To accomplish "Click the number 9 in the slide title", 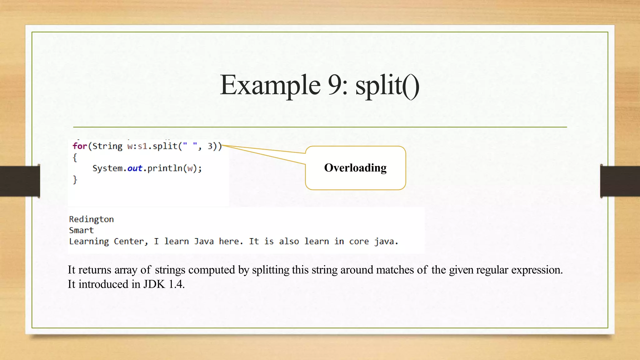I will pos(335,85).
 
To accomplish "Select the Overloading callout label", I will pos(355,168).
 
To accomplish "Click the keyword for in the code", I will pos(79,146).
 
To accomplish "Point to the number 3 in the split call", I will pos(210,146).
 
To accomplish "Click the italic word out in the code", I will pos(135,168).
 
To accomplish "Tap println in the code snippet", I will pos(165,168).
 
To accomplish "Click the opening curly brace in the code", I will pos(75,157).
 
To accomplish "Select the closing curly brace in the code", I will pos(75,180).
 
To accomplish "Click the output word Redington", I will pos(91,219).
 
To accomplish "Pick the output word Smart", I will pos(81,230).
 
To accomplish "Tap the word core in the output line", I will pos(359,242).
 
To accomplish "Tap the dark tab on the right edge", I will pos(620,181).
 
